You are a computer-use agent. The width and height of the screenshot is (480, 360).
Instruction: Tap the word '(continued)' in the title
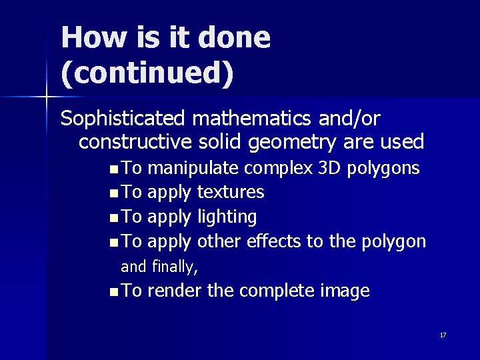coord(147,73)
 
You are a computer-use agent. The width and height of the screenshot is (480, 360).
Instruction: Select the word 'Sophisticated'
coord(123,119)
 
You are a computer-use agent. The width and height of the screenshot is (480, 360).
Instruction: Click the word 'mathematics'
coord(243,119)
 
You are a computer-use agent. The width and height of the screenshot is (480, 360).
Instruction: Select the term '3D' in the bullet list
coord(329,167)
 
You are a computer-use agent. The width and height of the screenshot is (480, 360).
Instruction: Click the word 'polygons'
coord(384,168)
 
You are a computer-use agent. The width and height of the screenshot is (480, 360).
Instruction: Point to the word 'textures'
coord(231,192)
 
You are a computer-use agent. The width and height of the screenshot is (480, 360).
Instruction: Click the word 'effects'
coord(273,241)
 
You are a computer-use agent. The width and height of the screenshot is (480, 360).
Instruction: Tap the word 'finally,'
coord(175,267)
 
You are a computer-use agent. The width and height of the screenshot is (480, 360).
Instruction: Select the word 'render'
coord(175,291)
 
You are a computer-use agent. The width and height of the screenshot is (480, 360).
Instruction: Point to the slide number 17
coord(443,335)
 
